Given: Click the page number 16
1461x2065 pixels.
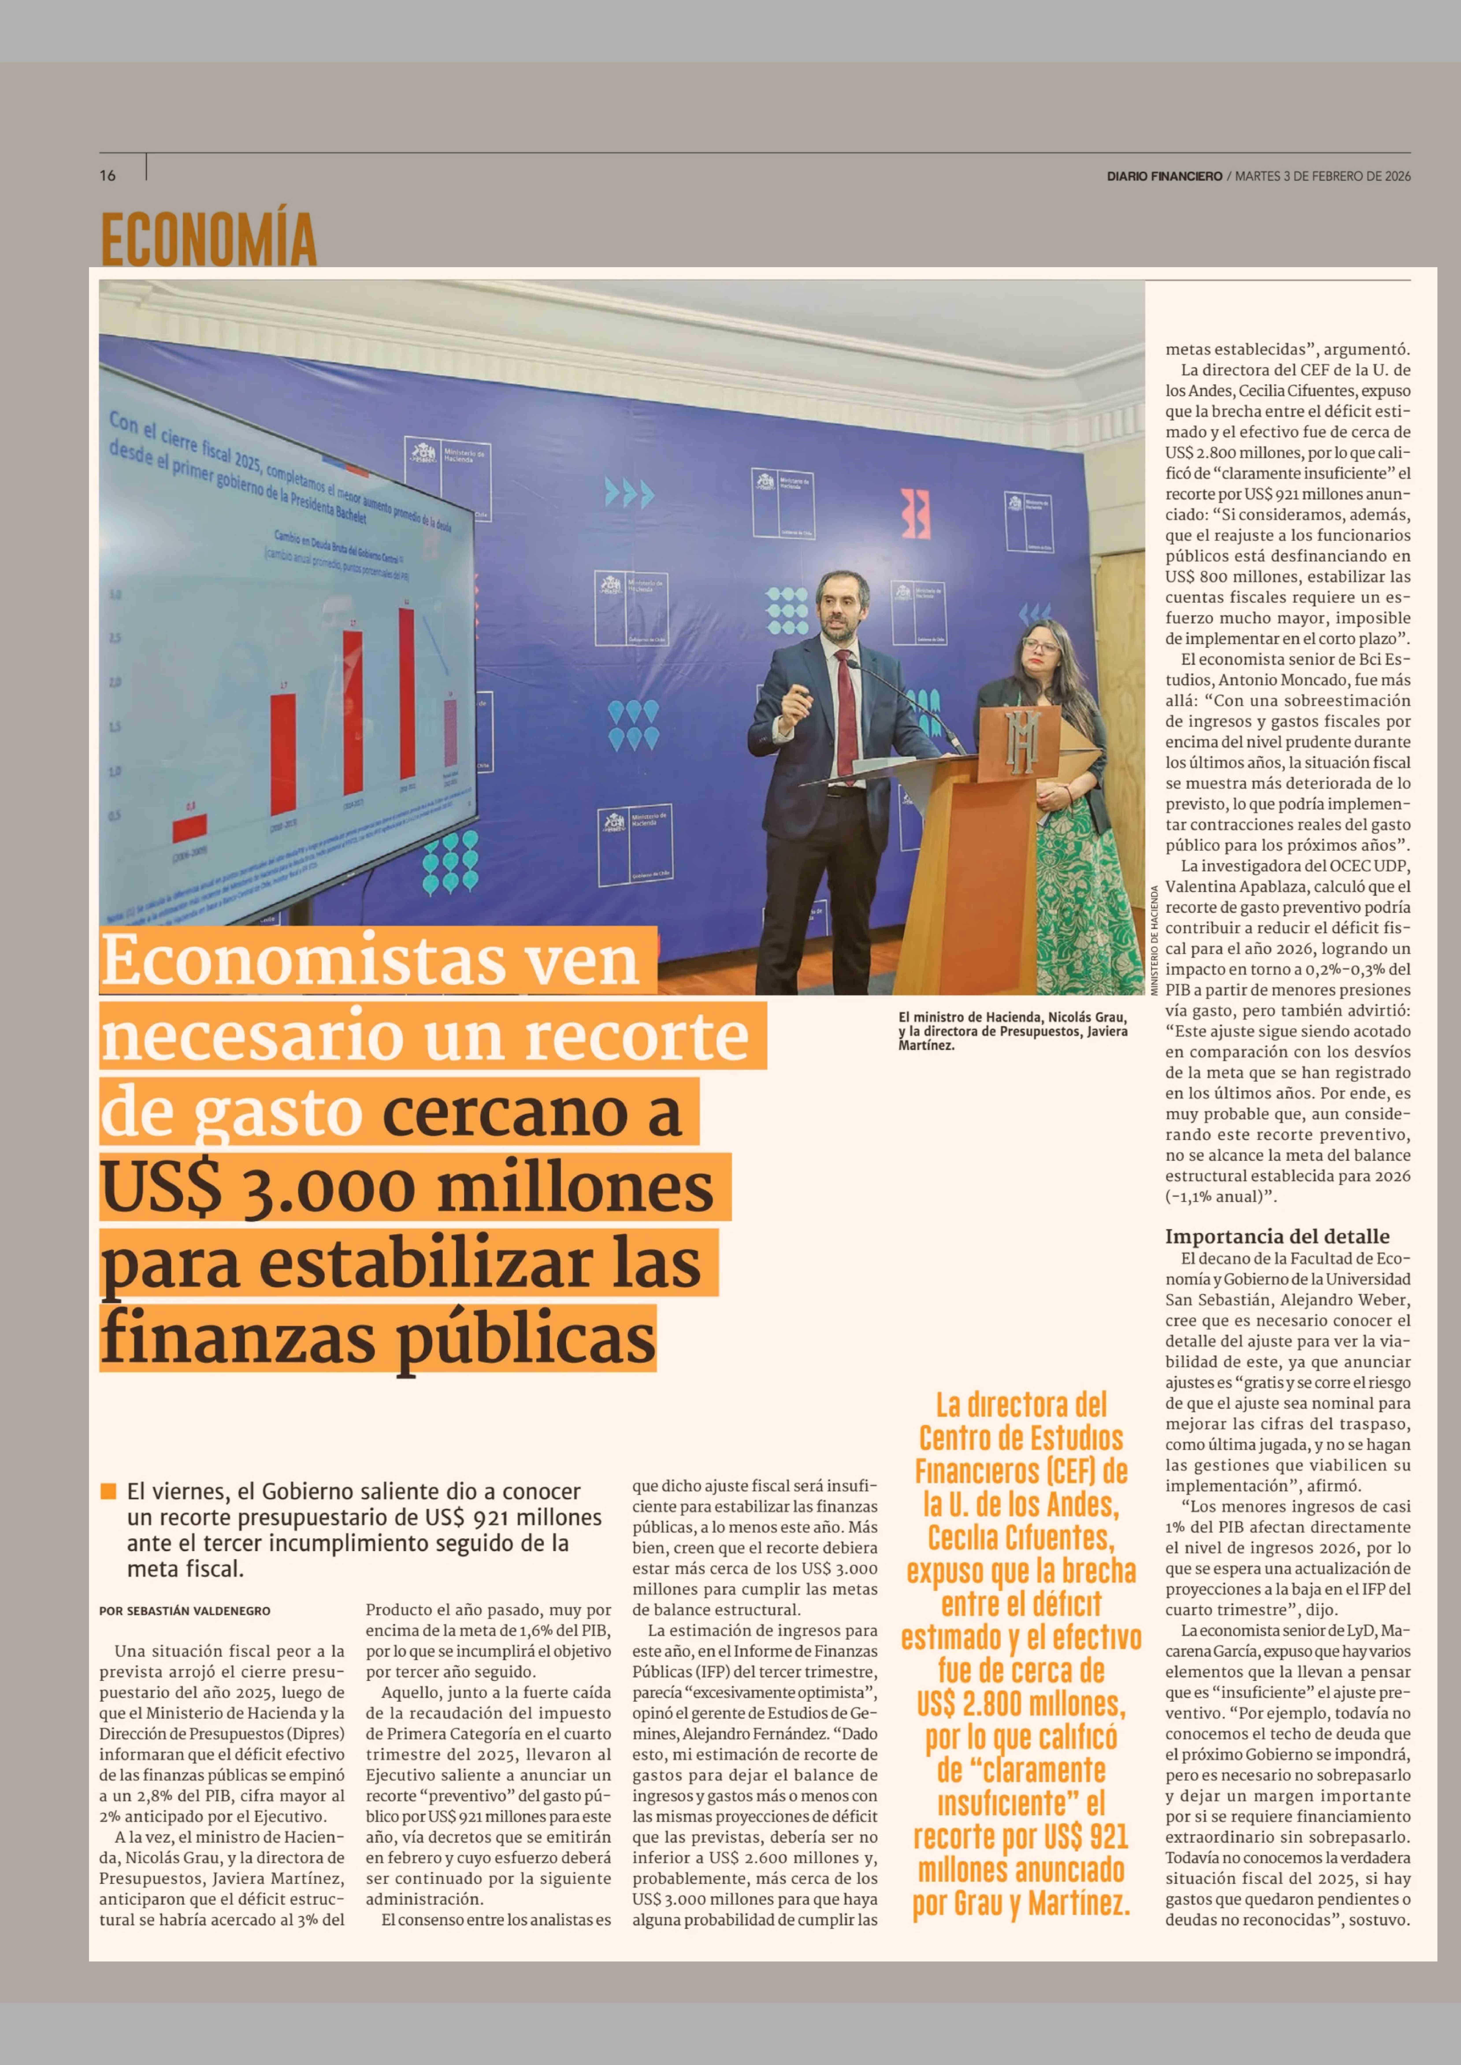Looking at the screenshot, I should [108, 175].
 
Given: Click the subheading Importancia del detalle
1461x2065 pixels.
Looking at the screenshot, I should [1277, 1236].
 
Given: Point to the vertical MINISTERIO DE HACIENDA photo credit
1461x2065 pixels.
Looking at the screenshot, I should [1154, 940].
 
